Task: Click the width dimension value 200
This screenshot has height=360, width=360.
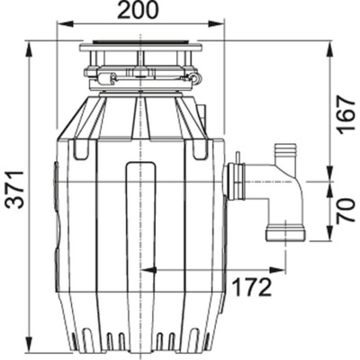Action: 139,11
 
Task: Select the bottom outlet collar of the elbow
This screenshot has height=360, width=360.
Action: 284,234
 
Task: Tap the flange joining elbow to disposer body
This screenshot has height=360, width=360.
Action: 237,180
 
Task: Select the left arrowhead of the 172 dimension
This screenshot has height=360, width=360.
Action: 147,268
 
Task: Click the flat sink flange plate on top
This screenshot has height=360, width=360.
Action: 140,45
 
